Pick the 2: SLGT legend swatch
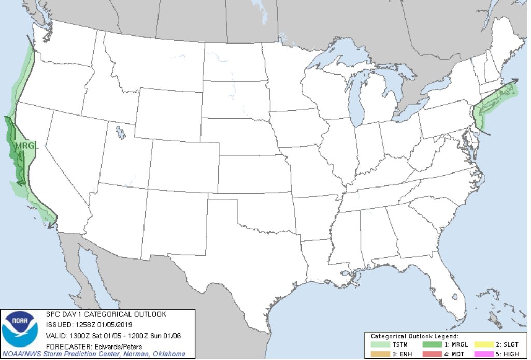479,344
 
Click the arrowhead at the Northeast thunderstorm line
514,81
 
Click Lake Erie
409,113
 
